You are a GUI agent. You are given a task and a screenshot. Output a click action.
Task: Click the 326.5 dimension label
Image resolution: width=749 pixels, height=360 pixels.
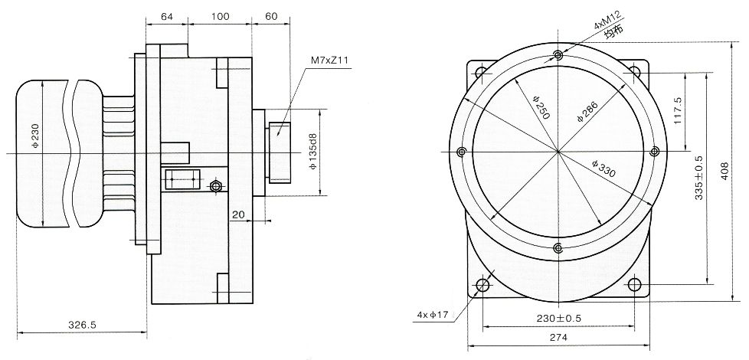pyautogui.click(x=82, y=325)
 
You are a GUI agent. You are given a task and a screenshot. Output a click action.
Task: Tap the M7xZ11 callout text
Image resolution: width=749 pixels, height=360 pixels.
pyautogui.click(x=329, y=61)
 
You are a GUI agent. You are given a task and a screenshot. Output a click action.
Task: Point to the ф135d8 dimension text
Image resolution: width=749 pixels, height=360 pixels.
pyautogui.click(x=313, y=152)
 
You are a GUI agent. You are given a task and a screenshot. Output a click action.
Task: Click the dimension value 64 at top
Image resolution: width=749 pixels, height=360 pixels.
pyautogui.click(x=167, y=17)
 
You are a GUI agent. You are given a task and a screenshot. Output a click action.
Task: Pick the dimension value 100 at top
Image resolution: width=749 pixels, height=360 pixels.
pyautogui.click(x=220, y=17)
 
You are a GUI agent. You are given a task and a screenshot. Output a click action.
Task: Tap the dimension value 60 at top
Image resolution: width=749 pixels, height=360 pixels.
pyautogui.click(x=271, y=17)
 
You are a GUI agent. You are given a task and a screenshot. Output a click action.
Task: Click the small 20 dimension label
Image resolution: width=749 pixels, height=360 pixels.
pyautogui.click(x=238, y=215)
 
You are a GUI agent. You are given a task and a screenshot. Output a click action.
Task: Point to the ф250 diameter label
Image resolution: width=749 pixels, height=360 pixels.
pyautogui.click(x=541, y=107)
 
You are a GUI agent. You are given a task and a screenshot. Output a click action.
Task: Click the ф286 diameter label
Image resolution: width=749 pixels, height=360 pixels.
pyautogui.click(x=587, y=112)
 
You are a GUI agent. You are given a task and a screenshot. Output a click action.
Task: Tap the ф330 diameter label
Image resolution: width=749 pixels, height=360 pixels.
pyautogui.click(x=603, y=169)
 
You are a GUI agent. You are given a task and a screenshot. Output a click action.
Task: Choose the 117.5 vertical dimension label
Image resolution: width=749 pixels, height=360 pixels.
pyautogui.click(x=679, y=111)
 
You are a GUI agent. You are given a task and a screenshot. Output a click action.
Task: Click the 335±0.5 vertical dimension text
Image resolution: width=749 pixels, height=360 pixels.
pyautogui.click(x=699, y=178)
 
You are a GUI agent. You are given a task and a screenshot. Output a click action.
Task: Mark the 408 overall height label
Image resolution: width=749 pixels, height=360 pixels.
pyautogui.click(x=724, y=171)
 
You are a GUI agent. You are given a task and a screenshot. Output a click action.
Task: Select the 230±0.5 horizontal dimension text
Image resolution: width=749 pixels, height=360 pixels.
pyautogui.click(x=558, y=319)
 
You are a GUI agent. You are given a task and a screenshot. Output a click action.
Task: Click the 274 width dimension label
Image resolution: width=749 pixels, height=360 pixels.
pyautogui.click(x=558, y=338)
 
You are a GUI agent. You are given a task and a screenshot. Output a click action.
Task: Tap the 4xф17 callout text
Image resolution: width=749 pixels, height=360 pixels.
pyautogui.click(x=432, y=315)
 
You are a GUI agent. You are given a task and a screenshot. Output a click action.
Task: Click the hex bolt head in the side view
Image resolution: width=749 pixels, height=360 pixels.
pyautogui.click(x=216, y=185)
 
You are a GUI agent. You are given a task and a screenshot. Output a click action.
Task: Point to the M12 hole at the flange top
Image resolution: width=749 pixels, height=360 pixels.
pyautogui.click(x=558, y=55)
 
